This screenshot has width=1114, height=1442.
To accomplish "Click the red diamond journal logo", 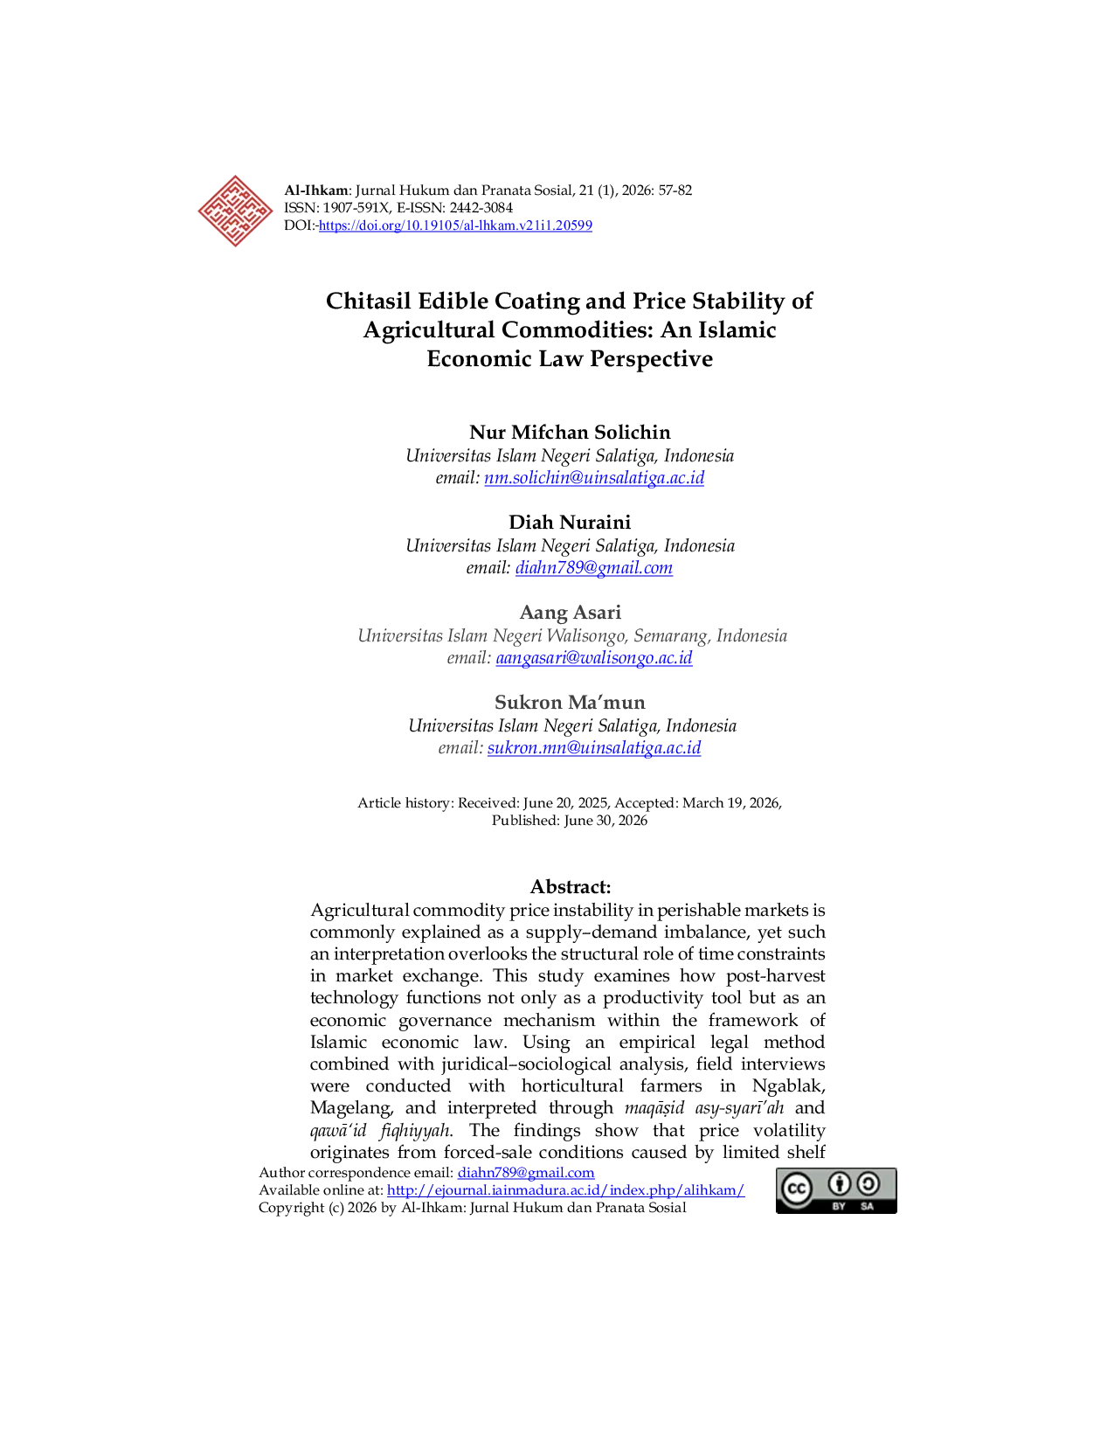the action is pos(235,211).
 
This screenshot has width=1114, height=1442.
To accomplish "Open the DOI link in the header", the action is pos(455,225).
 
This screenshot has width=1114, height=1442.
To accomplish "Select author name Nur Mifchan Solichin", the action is pos(570,432).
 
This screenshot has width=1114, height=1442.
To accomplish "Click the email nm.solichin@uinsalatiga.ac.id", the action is pos(594,478).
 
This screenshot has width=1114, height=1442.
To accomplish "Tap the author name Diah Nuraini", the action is pos(570,523).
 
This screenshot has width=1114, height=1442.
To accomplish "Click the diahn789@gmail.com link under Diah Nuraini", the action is pos(594,568).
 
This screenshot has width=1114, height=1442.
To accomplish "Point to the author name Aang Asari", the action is pos(570,612).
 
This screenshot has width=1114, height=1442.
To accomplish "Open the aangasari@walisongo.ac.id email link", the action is pos(594,657).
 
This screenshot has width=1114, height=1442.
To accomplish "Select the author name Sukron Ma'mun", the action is pos(570,702).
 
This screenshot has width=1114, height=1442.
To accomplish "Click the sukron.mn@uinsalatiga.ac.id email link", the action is pos(594,748).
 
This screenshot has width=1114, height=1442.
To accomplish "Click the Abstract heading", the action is pos(570,886).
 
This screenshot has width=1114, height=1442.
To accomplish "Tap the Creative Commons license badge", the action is pos(836,1190).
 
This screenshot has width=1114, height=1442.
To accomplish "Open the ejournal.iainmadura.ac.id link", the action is pos(565,1190).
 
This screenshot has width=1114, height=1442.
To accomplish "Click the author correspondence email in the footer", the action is pos(525,1173).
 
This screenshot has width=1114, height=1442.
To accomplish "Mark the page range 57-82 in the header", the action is pos(675,191).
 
